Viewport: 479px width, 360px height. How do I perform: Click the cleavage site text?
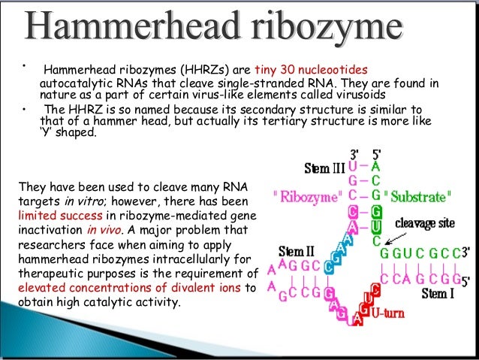(427, 222)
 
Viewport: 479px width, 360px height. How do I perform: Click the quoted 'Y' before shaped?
(47, 134)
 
